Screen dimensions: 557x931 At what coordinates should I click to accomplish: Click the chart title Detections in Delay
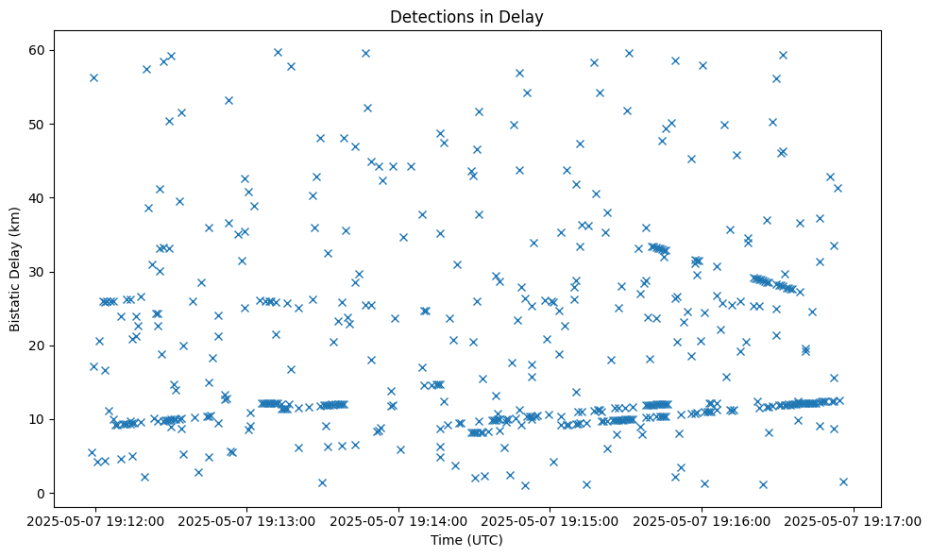click(x=466, y=16)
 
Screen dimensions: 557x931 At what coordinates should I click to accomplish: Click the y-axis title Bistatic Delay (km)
click(x=15, y=257)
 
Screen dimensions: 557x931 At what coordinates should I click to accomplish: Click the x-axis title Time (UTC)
click(x=466, y=541)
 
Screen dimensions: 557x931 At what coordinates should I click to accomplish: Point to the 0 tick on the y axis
click(x=42, y=493)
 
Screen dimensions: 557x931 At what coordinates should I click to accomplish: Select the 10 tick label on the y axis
click(x=39, y=419)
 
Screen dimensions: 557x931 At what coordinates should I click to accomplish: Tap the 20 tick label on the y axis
click(x=39, y=346)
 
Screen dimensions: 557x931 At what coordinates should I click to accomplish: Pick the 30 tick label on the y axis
click(x=39, y=272)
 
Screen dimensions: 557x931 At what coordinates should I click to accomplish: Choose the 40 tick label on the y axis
click(x=39, y=197)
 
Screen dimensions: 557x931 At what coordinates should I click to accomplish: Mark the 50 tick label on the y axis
click(x=39, y=124)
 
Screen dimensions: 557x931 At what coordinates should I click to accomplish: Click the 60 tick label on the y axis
click(x=39, y=50)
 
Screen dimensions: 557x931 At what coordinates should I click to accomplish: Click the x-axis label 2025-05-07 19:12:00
click(x=95, y=520)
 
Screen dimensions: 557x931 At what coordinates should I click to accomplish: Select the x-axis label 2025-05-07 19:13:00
click(x=247, y=520)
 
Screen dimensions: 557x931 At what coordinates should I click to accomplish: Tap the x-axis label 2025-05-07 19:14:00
click(x=398, y=520)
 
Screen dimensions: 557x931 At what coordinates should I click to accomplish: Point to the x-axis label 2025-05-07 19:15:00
click(x=550, y=520)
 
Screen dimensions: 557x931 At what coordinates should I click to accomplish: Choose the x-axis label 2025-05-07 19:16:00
click(x=702, y=520)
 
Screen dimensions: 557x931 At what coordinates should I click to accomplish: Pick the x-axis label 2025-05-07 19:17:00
click(x=855, y=520)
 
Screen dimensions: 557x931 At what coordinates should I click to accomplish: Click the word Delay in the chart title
click(x=525, y=16)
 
